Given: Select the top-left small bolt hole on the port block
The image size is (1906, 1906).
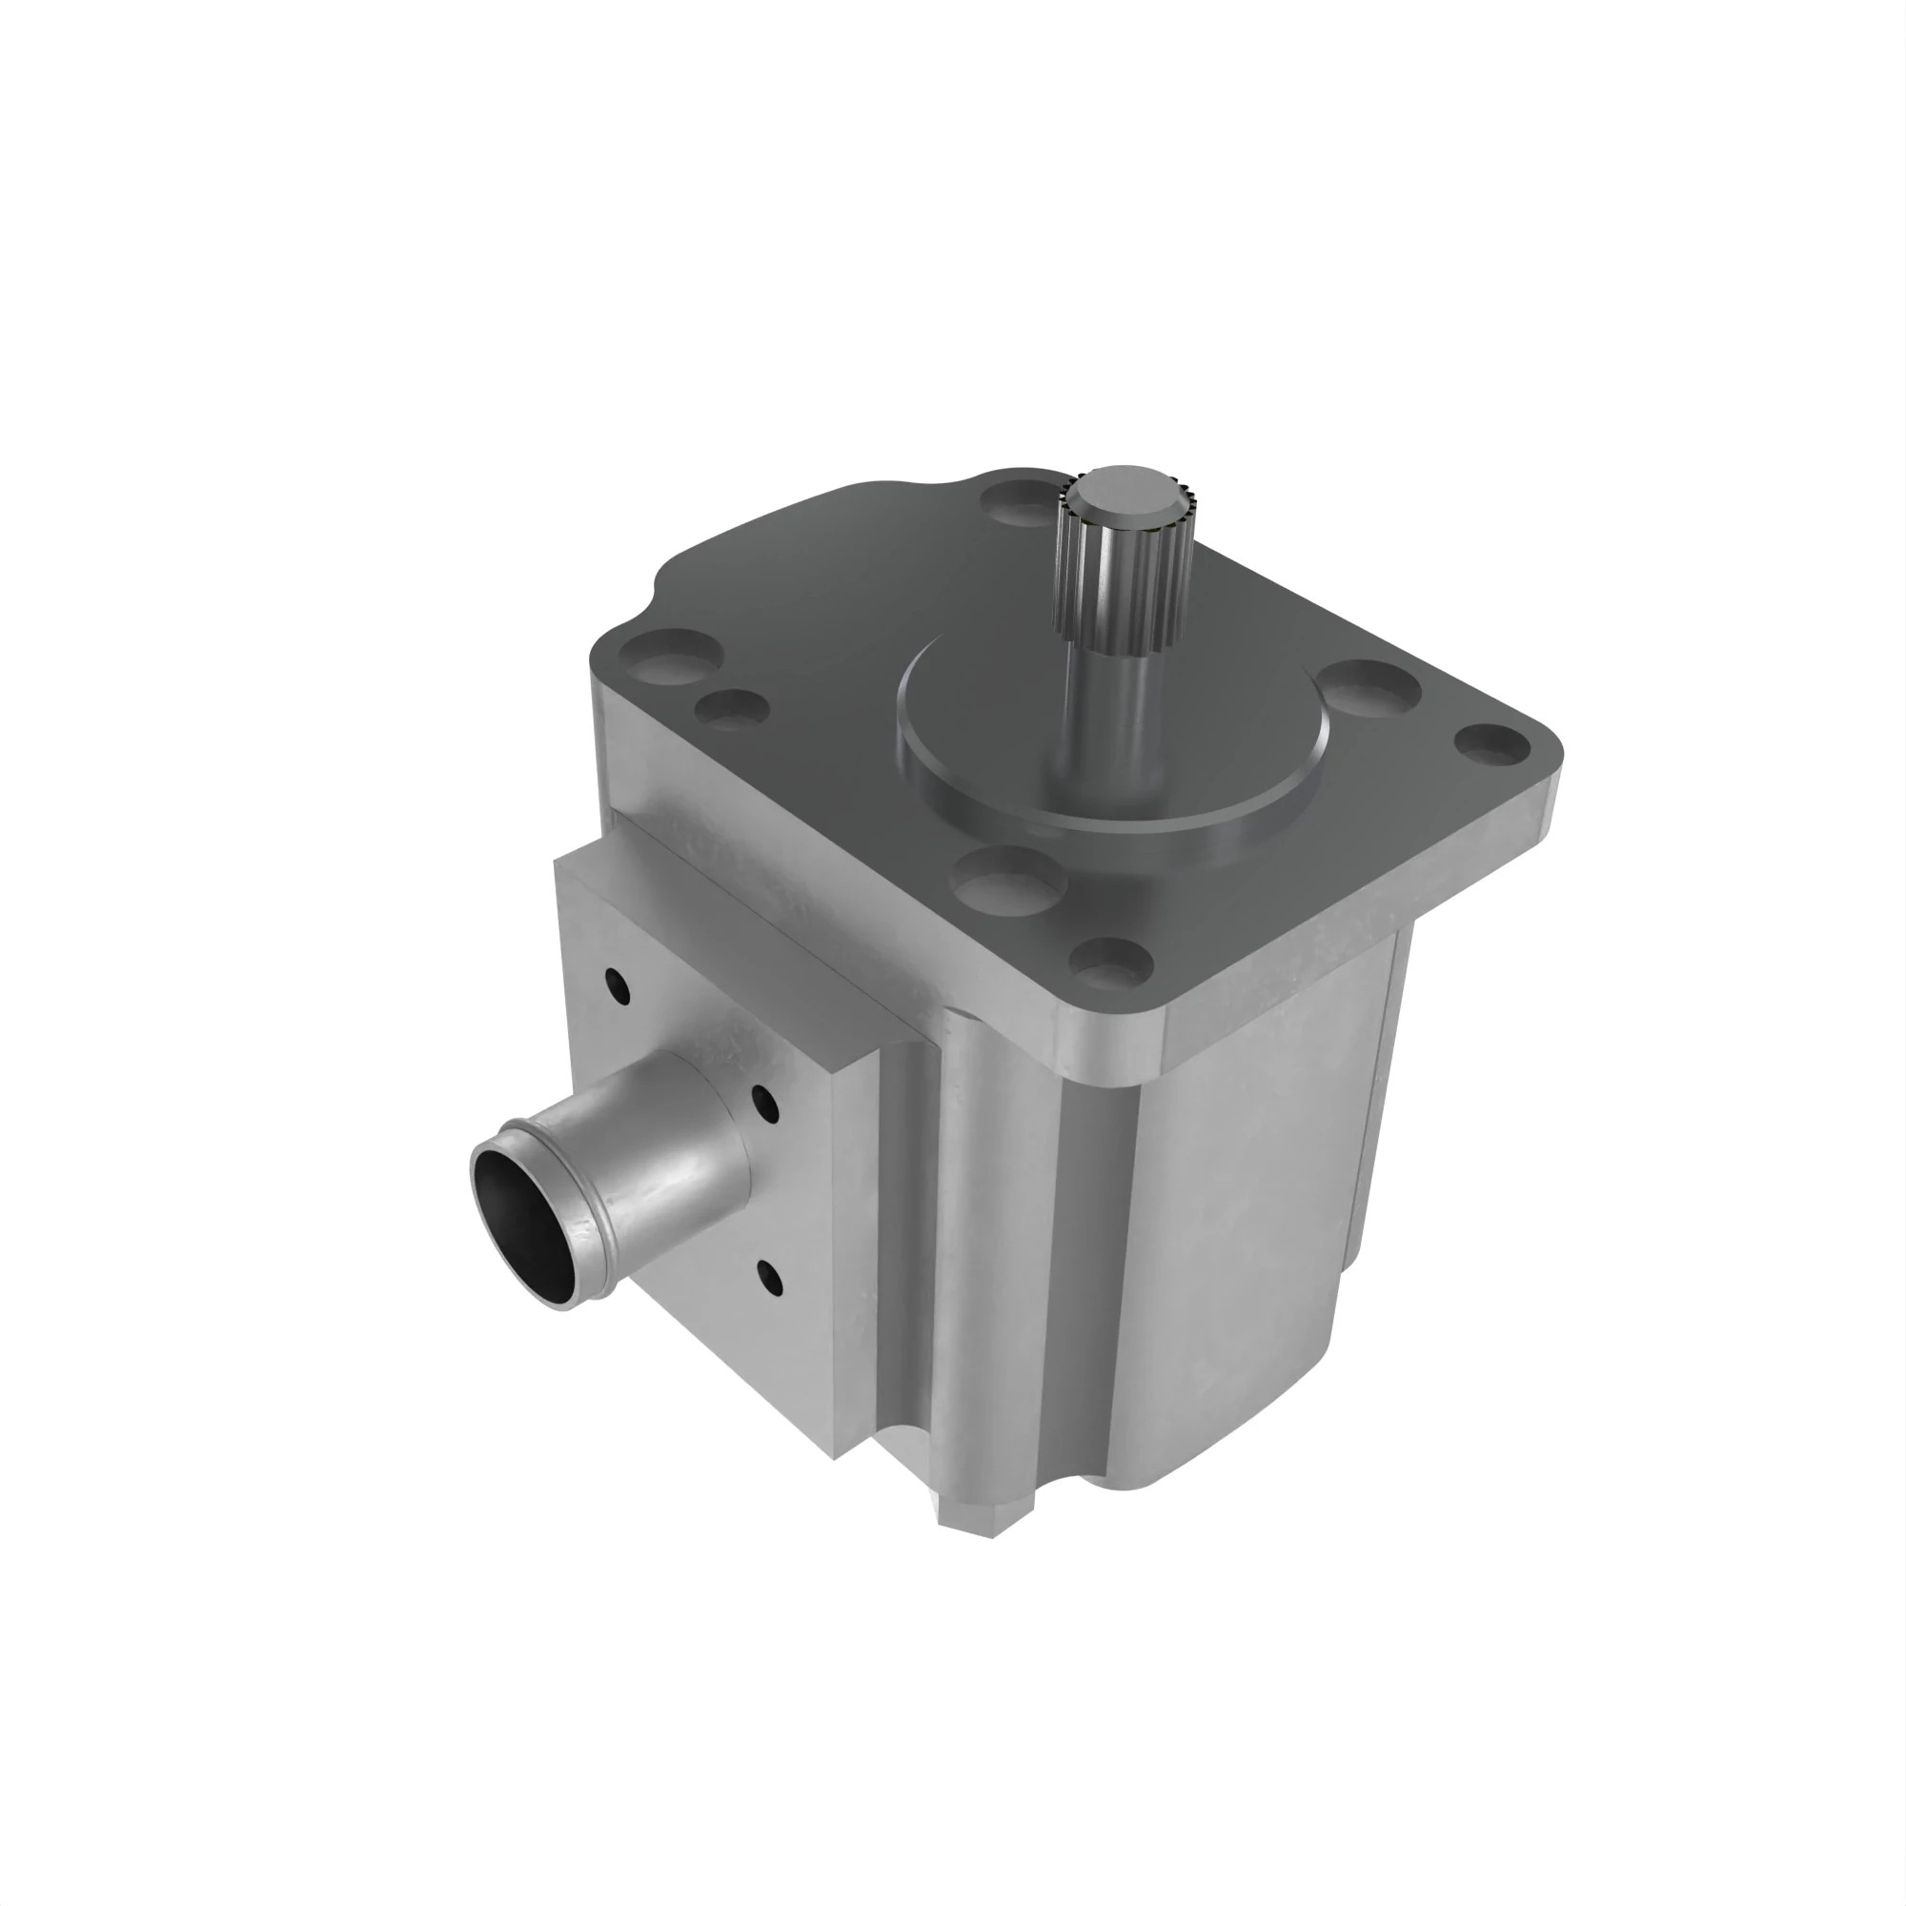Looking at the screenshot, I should [x=618, y=985].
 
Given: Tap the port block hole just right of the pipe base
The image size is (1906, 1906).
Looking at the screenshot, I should [x=764, y=1104].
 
